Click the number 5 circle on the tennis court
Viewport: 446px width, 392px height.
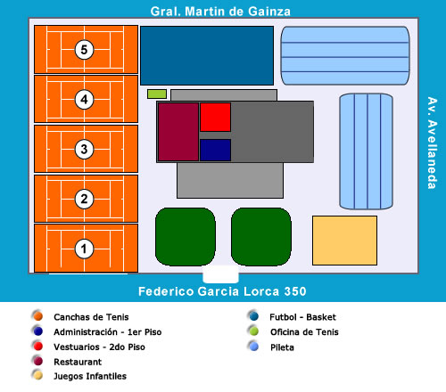pos(84,50)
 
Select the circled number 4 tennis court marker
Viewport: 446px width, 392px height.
pos(84,100)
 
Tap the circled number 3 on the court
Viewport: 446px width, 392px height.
pos(84,149)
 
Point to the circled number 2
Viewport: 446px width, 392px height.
pos(84,199)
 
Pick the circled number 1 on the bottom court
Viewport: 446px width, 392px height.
pos(84,249)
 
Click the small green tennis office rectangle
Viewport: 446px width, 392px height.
pos(157,94)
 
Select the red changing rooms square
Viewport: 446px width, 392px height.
pos(215,117)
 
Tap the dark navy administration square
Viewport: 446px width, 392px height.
pos(215,150)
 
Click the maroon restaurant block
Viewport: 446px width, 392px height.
pos(178,132)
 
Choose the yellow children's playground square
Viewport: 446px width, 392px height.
pos(344,241)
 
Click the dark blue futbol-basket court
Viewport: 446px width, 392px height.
pos(207,55)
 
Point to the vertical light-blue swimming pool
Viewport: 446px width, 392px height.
pos(366,151)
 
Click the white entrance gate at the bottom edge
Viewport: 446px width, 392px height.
pos(220,274)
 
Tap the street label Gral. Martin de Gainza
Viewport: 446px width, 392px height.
pos(220,12)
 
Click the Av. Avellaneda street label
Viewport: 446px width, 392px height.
pos(432,143)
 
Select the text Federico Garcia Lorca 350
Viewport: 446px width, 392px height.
pos(222,291)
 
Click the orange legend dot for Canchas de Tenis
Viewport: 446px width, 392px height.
pos(38,316)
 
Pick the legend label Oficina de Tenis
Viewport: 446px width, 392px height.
pos(304,332)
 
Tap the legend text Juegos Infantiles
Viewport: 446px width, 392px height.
pos(90,376)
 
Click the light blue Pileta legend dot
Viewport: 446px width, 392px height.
pos(254,347)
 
